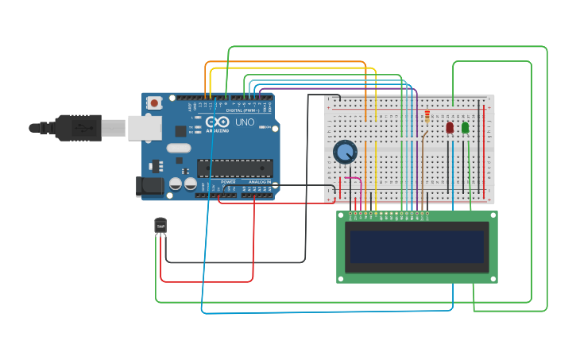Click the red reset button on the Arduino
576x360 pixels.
coord(154,103)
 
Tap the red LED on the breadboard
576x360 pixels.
coord(450,127)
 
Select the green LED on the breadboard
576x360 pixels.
coord(466,127)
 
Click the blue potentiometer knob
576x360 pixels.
coord(345,151)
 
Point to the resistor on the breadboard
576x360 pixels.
coord(428,118)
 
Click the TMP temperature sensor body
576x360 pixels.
coord(160,226)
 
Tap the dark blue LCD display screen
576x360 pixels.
coord(417,247)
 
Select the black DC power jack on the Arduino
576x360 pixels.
coord(150,187)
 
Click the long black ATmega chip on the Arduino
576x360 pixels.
coord(235,168)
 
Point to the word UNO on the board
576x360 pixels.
coord(244,123)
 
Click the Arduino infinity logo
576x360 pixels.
coord(217,122)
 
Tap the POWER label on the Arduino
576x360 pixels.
coord(228,182)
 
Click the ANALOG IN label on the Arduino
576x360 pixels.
coord(259,182)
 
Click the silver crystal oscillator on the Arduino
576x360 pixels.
coord(179,148)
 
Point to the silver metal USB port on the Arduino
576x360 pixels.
coord(145,127)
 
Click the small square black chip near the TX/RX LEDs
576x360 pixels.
coord(180,131)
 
